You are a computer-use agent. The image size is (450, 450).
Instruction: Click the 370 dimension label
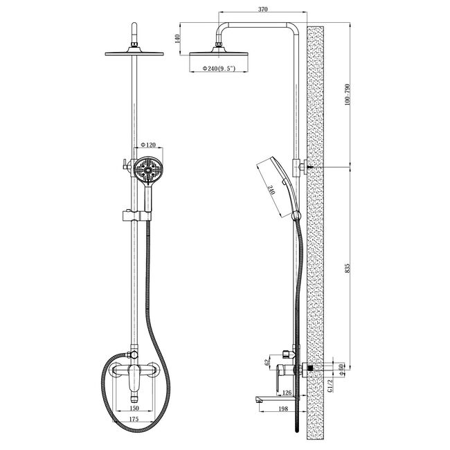point(262,9)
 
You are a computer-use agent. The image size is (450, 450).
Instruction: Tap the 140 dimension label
point(177,39)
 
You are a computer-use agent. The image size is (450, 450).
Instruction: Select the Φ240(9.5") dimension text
point(219,69)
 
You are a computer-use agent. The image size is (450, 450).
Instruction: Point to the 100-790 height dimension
point(348,95)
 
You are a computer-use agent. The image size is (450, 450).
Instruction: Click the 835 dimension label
point(348,268)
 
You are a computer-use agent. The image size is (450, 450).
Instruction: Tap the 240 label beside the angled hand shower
point(271,190)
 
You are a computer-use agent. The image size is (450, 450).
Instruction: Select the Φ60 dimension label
point(341,370)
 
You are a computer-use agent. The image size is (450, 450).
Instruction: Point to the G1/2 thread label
point(330,386)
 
